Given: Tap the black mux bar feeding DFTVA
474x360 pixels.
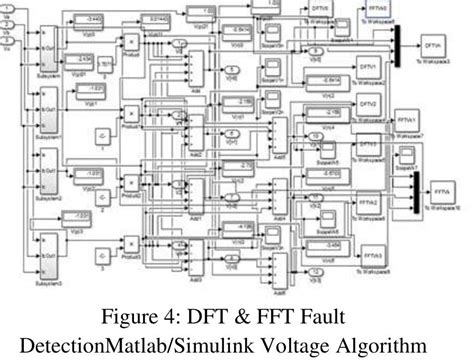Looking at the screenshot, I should click(398, 40).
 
